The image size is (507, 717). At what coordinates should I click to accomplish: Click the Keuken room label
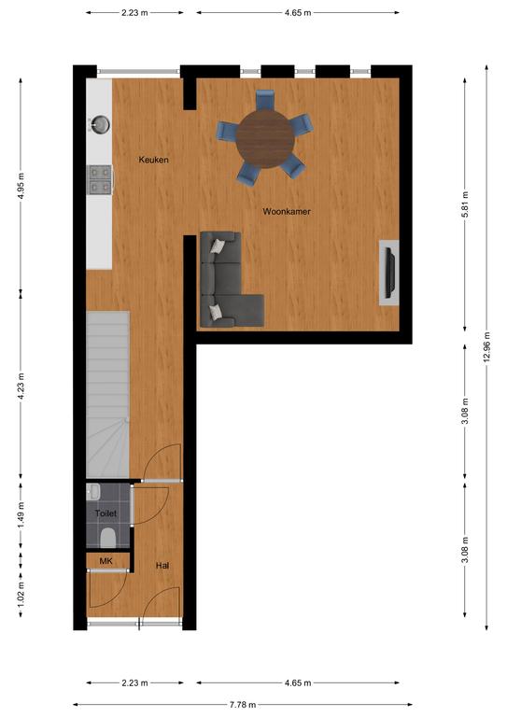pyautogui.click(x=154, y=160)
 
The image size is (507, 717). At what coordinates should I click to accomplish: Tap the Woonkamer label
pyautogui.click(x=287, y=211)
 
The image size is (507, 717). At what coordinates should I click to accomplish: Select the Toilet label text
pyautogui.click(x=106, y=513)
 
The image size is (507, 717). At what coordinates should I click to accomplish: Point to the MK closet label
pyautogui.click(x=106, y=560)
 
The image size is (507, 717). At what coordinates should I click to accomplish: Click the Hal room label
pyautogui.click(x=162, y=566)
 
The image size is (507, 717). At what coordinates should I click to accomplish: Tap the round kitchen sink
pyautogui.click(x=100, y=124)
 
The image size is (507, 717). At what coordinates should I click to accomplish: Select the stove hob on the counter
pyautogui.click(x=99, y=179)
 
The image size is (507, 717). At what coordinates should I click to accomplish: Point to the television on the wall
pyautogui.click(x=390, y=273)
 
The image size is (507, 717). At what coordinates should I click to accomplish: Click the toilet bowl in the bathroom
pyautogui.click(x=108, y=538)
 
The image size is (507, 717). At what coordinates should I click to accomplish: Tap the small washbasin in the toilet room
pyautogui.click(x=92, y=492)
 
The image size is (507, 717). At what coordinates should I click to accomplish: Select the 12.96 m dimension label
pyautogui.click(x=486, y=347)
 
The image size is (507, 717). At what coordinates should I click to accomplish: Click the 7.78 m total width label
pyautogui.click(x=243, y=705)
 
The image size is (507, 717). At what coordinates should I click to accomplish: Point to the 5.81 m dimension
pyautogui.click(x=465, y=204)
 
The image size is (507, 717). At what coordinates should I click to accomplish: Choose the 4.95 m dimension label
pyautogui.click(x=21, y=187)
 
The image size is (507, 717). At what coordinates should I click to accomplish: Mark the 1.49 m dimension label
pyautogui.click(x=21, y=515)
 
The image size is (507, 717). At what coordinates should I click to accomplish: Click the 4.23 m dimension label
pyautogui.click(x=21, y=387)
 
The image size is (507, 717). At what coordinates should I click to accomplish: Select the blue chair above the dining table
pyautogui.click(x=264, y=100)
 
